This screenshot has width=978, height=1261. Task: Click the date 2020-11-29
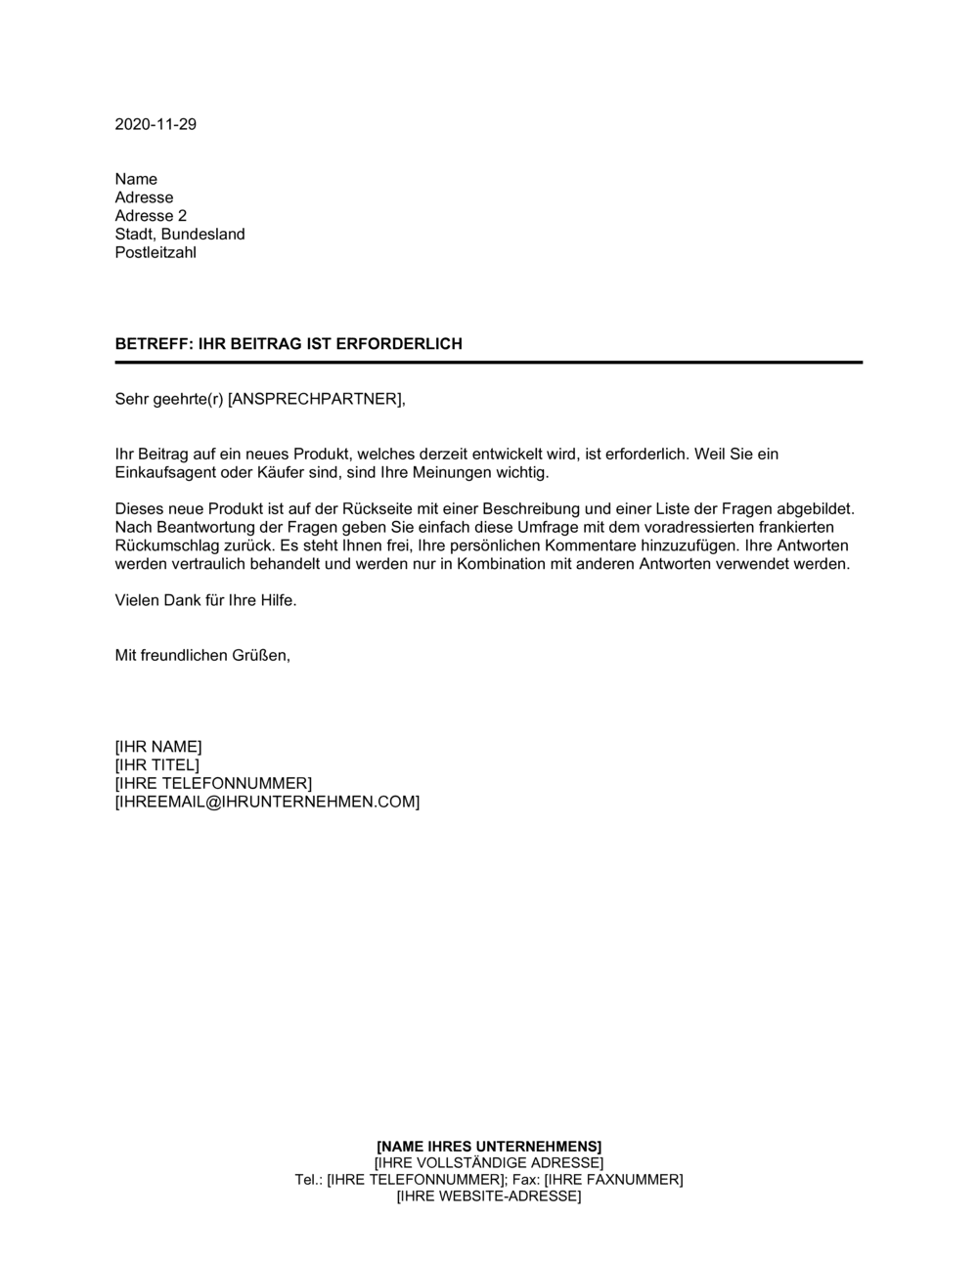coord(156,124)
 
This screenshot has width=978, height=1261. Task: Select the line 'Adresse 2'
coord(151,216)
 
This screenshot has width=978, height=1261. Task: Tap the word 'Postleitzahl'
coord(156,252)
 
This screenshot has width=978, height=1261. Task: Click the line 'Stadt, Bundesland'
coord(180,235)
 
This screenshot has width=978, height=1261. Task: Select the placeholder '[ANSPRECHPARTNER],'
coord(316,399)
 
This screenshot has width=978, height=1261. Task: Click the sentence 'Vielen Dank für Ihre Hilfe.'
coord(205,600)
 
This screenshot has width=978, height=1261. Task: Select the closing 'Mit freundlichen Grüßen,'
coord(202,655)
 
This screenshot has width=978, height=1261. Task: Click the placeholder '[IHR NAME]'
coord(158,747)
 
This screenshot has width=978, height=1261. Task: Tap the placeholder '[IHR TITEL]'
coord(156,765)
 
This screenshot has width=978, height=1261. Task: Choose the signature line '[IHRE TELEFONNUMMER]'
coord(213,783)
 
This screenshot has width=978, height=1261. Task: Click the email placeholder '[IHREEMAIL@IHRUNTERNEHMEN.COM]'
coord(267,802)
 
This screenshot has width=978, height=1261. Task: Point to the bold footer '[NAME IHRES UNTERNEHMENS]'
coord(489,1146)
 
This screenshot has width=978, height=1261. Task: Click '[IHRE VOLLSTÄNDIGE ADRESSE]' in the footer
coord(489,1162)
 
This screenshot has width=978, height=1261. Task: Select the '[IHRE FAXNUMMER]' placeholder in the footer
coord(613,1179)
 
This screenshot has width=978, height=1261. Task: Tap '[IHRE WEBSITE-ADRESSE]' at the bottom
coord(489,1196)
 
